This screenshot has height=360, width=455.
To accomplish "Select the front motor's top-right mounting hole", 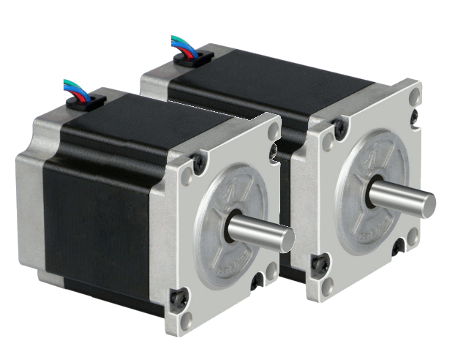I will [x=273, y=130].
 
